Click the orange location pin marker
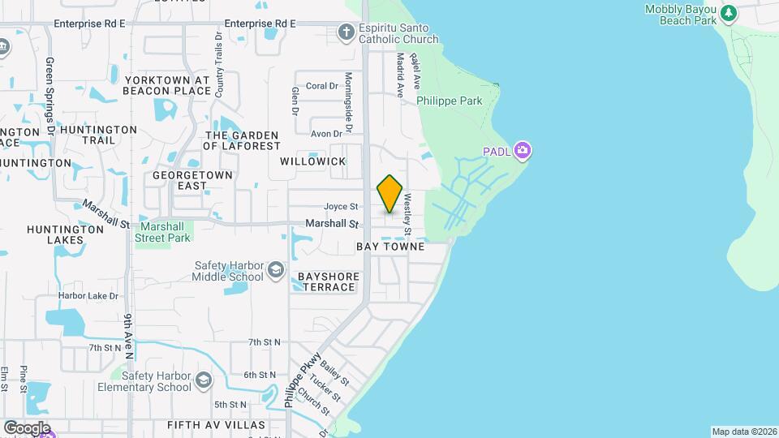point(390,194)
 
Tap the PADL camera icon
point(523,150)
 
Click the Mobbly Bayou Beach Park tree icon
point(729,12)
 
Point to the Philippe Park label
point(449,101)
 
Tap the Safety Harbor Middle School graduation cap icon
point(276,270)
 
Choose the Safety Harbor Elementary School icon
point(203,380)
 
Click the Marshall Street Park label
point(164,232)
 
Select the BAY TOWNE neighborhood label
point(389,246)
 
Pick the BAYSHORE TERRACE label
point(326,281)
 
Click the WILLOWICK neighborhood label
point(312,161)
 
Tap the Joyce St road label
point(341,207)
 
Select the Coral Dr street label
point(321,85)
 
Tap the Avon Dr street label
point(326,134)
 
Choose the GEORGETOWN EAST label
point(193,180)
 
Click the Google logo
point(27,427)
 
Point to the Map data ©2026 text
point(744,432)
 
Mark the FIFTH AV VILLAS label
point(216,425)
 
